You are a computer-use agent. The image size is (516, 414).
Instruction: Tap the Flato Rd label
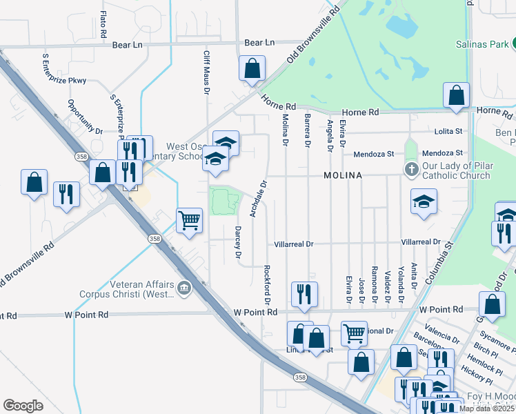103,24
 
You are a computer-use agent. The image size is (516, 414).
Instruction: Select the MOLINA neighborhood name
344,176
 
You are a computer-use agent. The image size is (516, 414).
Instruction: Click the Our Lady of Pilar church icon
411,169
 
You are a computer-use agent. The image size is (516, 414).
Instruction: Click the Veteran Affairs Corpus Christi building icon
184,288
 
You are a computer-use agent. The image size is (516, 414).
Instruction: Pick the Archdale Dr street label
257,199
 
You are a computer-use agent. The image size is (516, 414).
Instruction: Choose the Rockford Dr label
266,285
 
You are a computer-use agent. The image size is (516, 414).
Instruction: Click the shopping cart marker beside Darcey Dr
189,221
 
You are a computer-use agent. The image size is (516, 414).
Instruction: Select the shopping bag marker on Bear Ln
252,68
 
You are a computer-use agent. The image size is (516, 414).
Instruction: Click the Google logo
23,406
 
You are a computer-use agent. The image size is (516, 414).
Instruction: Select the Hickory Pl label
477,377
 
